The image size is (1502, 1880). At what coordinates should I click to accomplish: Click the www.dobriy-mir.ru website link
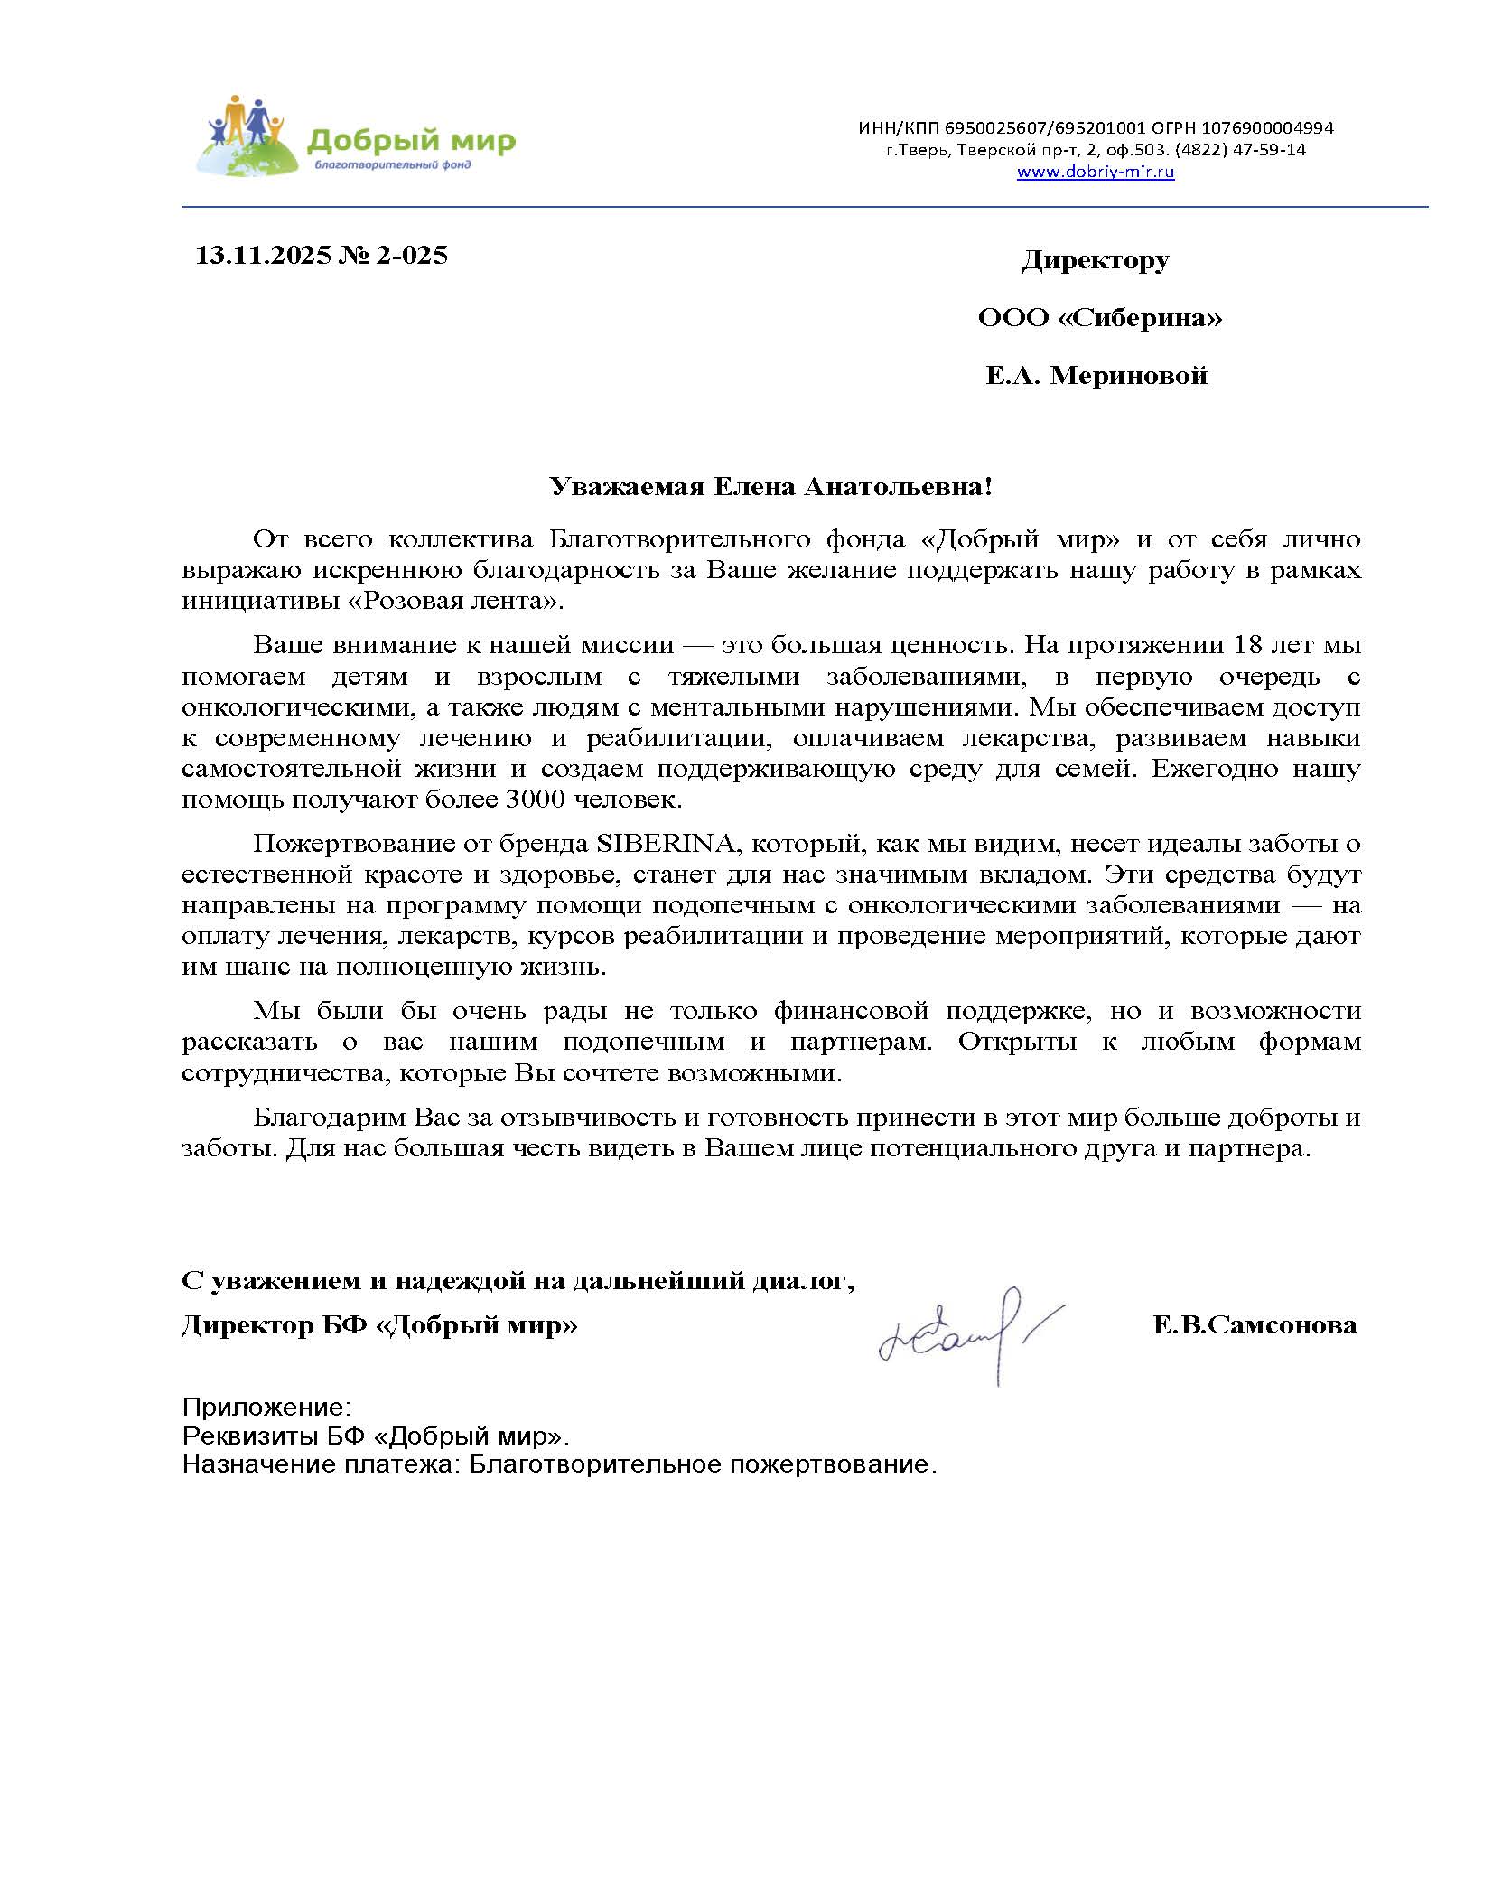[x=1095, y=173]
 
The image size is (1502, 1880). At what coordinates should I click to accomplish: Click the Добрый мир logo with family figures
[x=354, y=137]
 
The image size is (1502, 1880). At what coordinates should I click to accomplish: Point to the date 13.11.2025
[x=264, y=256]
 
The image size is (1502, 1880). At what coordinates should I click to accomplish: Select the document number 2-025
[x=412, y=256]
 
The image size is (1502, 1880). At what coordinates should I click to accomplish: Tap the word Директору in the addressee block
[x=1095, y=261]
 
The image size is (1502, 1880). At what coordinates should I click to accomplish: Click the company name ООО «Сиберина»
[x=1099, y=318]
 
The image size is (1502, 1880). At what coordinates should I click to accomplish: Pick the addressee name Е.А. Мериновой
[x=1096, y=376]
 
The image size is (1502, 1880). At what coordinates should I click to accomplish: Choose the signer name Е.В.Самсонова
[x=1254, y=1325]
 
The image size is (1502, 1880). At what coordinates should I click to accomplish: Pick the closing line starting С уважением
[x=517, y=1280]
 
